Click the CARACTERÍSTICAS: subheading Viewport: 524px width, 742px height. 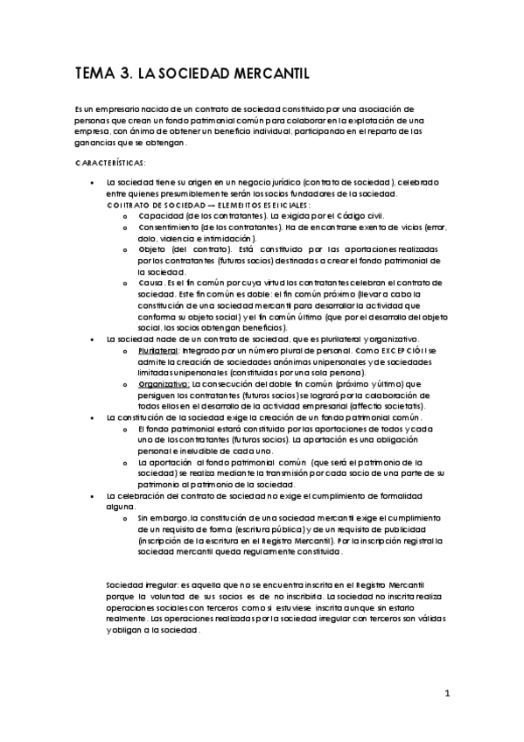click(x=111, y=163)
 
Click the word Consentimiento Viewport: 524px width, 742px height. click(x=171, y=227)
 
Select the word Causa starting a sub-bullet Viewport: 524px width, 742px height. click(x=150, y=283)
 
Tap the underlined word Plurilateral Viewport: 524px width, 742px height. click(x=157, y=350)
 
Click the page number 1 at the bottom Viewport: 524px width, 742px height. click(x=446, y=696)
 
